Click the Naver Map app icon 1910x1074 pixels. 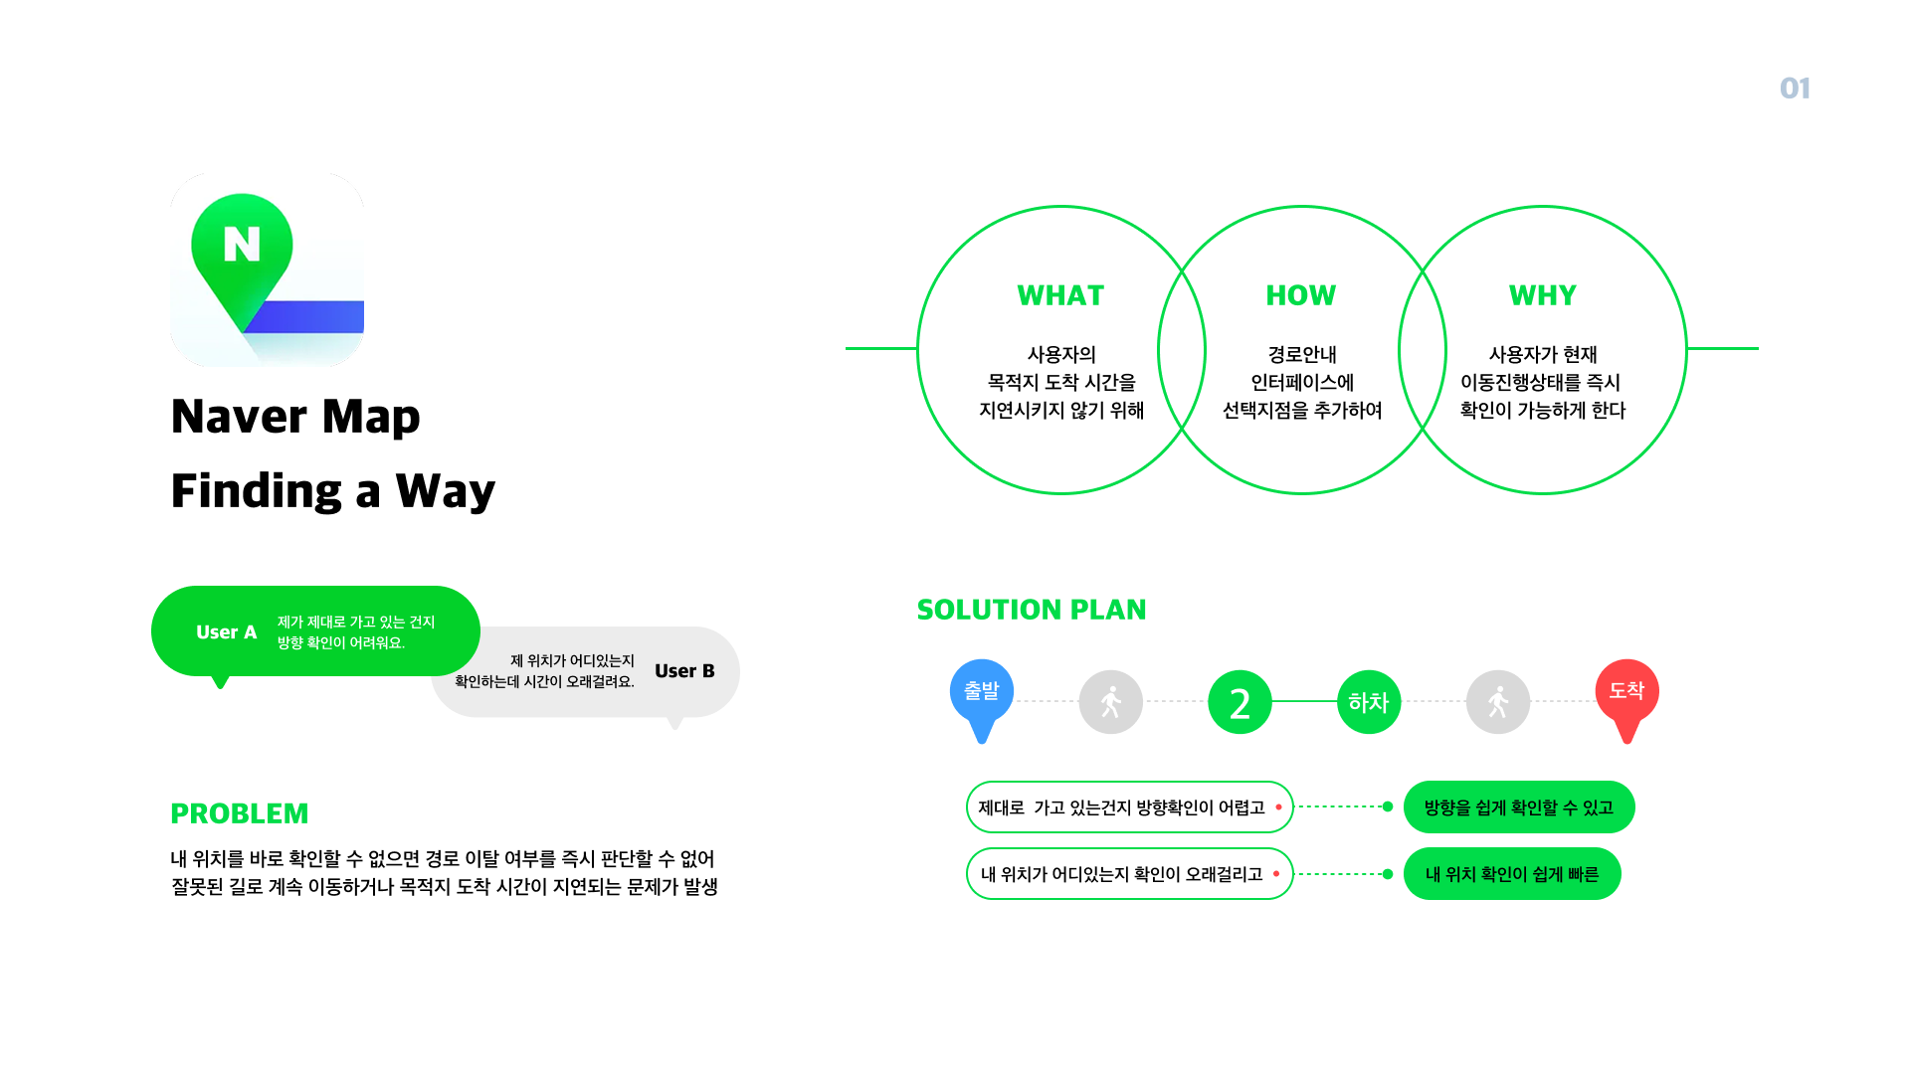point(267,269)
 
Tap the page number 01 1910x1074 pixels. point(1795,89)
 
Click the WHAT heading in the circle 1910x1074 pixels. point(1060,295)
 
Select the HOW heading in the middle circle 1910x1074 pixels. point(1300,295)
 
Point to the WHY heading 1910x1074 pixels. point(1542,295)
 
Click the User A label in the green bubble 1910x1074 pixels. point(226,632)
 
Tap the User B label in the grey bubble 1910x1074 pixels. point(684,671)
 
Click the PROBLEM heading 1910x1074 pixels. point(240,813)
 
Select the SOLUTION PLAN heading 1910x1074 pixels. point(1032,610)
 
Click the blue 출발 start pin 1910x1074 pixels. point(982,692)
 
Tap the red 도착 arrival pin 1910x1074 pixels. point(1626,692)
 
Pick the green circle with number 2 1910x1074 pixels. point(1240,703)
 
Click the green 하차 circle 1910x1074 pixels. point(1368,702)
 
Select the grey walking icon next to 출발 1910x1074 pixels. point(1110,702)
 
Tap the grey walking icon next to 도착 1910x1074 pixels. point(1497,702)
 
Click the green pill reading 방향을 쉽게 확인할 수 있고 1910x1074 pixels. point(1518,807)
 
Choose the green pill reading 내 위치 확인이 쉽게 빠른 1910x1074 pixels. point(1511,874)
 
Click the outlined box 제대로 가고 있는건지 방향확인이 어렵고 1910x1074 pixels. point(1128,807)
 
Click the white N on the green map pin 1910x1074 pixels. point(242,244)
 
